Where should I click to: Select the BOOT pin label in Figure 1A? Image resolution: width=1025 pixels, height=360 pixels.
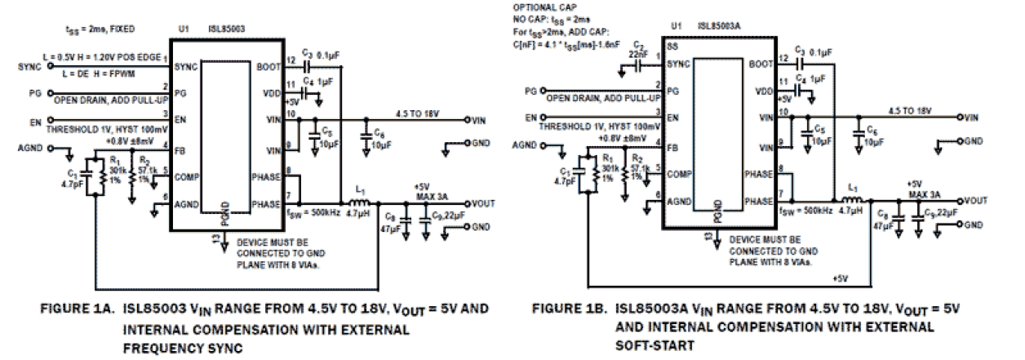pos(267,66)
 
